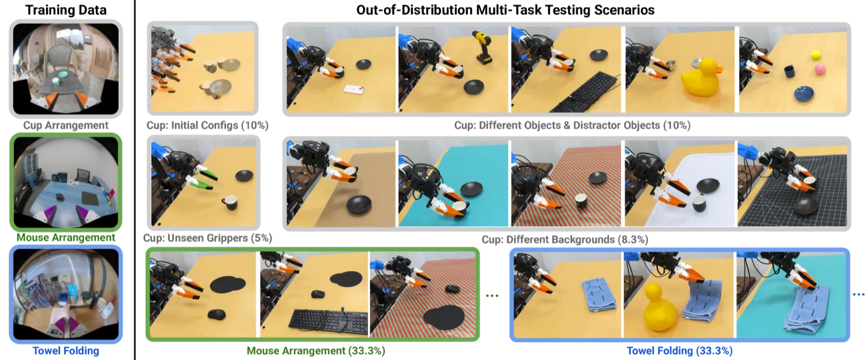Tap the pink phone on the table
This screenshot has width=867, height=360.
(x=354, y=90)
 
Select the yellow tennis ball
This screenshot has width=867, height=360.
(x=816, y=55)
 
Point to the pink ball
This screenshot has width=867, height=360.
(x=820, y=69)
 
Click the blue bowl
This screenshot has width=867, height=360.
(x=804, y=94)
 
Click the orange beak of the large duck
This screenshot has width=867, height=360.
(x=719, y=70)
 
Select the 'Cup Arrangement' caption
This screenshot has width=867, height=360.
(x=66, y=125)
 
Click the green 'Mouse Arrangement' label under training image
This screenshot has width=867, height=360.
(x=66, y=237)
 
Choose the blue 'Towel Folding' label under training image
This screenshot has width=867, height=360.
(x=66, y=351)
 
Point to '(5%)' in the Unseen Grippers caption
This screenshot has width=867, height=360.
(x=261, y=237)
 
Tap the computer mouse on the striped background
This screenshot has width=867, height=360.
(x=452, y=289)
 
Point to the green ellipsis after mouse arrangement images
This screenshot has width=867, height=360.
(x=492, y=295)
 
